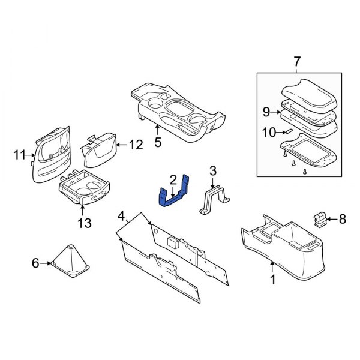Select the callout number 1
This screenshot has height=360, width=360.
(273, 280)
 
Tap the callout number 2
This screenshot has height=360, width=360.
(173, 179)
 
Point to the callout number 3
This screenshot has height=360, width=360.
(212, 173)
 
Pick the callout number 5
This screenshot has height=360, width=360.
(158, 143)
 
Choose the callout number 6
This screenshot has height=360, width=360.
(34, 263)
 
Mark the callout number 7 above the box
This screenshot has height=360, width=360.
(295, 61)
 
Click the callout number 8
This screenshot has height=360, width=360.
(343, 220)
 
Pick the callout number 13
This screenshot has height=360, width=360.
(83, 223)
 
